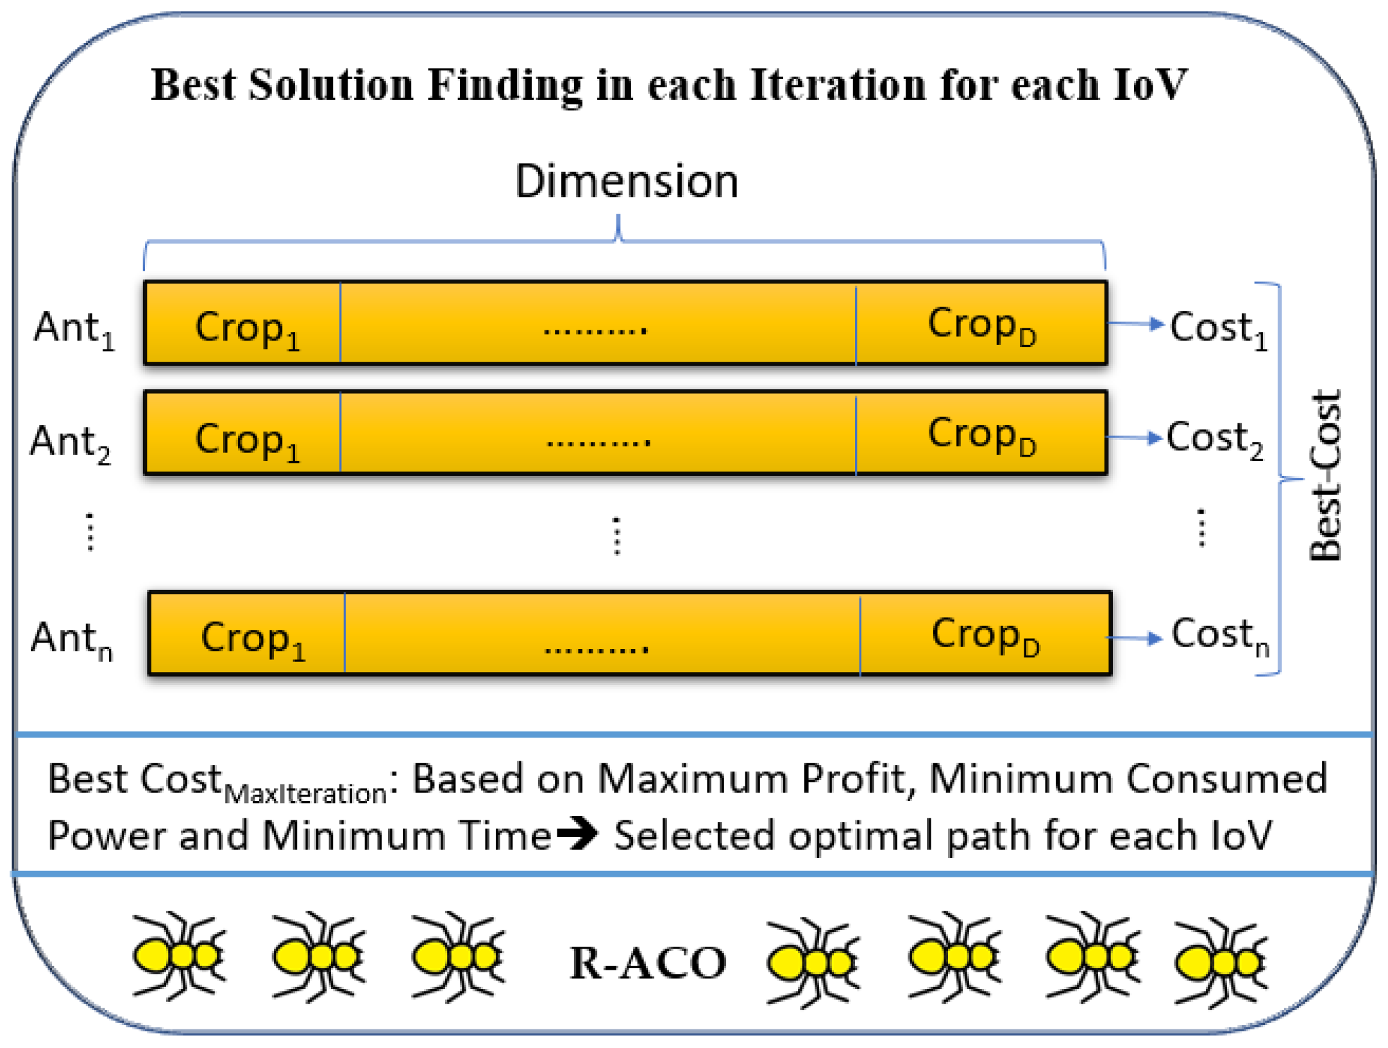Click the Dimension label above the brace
point(627,182)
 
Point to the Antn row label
point(72,639)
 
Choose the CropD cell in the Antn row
point(985,635)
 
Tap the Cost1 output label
point(1218,329)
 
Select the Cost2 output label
point(1214,439)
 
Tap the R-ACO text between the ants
point(648,963)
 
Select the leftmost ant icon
point(179,956)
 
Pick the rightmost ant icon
point(1221,961)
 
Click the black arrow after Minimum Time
point(577,834)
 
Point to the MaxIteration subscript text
point(306,794)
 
